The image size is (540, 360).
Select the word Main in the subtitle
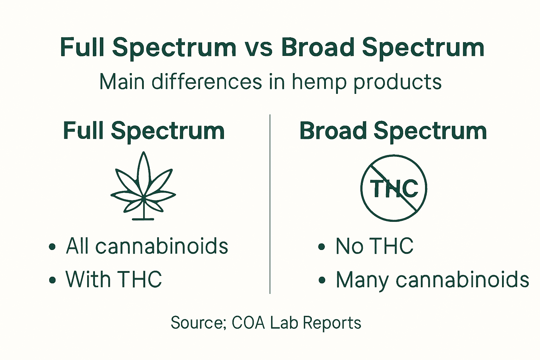122,82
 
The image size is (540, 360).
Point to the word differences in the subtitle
207,82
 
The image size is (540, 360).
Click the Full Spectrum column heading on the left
144,131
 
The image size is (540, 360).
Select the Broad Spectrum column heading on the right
393,131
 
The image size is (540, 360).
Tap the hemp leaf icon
143,186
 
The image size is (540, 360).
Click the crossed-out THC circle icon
394,188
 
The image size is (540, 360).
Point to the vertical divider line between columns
270,204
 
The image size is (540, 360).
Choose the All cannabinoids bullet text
147,246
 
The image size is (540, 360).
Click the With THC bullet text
114,279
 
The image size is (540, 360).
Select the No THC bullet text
374,246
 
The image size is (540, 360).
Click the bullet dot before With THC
53,280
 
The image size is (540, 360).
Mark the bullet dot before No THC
321,246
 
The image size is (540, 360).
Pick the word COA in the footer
248,323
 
